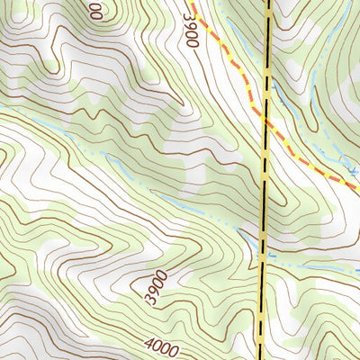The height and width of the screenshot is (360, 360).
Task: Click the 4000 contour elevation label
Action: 160,345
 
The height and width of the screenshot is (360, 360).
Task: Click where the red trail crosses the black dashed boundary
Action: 266,121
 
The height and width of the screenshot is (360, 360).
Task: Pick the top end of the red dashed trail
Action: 192,4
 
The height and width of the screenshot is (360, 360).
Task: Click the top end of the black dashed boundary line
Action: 269,2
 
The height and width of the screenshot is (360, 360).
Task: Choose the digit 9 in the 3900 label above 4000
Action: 154,293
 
